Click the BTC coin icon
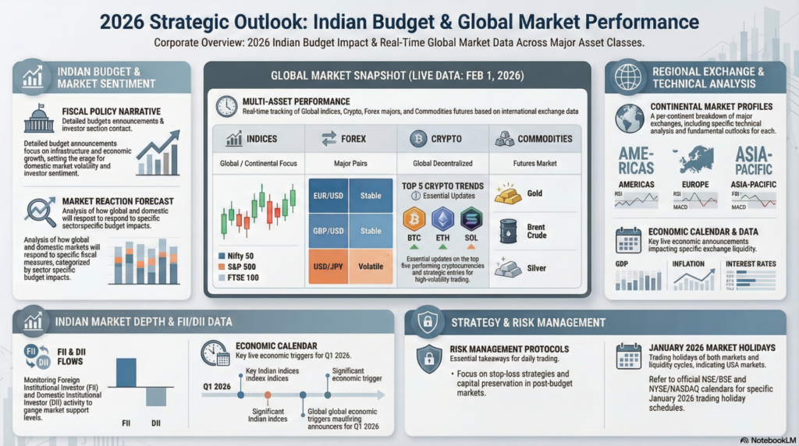(414, 219)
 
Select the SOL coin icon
(471, 219)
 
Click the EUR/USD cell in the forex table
(328, 196)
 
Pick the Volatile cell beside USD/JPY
(371, 266)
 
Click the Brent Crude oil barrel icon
(509, 232)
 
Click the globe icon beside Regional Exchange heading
(627, 77)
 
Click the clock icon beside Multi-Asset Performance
(226, 106)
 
